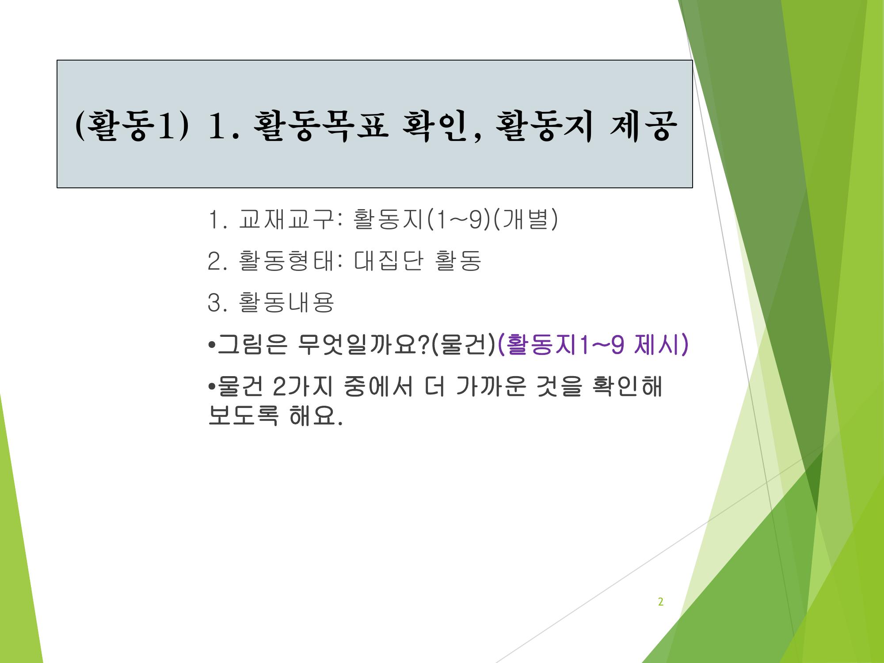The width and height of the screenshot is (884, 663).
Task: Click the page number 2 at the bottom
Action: tap(661, 602)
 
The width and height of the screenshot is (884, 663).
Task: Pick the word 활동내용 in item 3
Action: tap(286, 302)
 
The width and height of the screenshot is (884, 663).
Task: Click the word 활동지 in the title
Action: tap(543, 126)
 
